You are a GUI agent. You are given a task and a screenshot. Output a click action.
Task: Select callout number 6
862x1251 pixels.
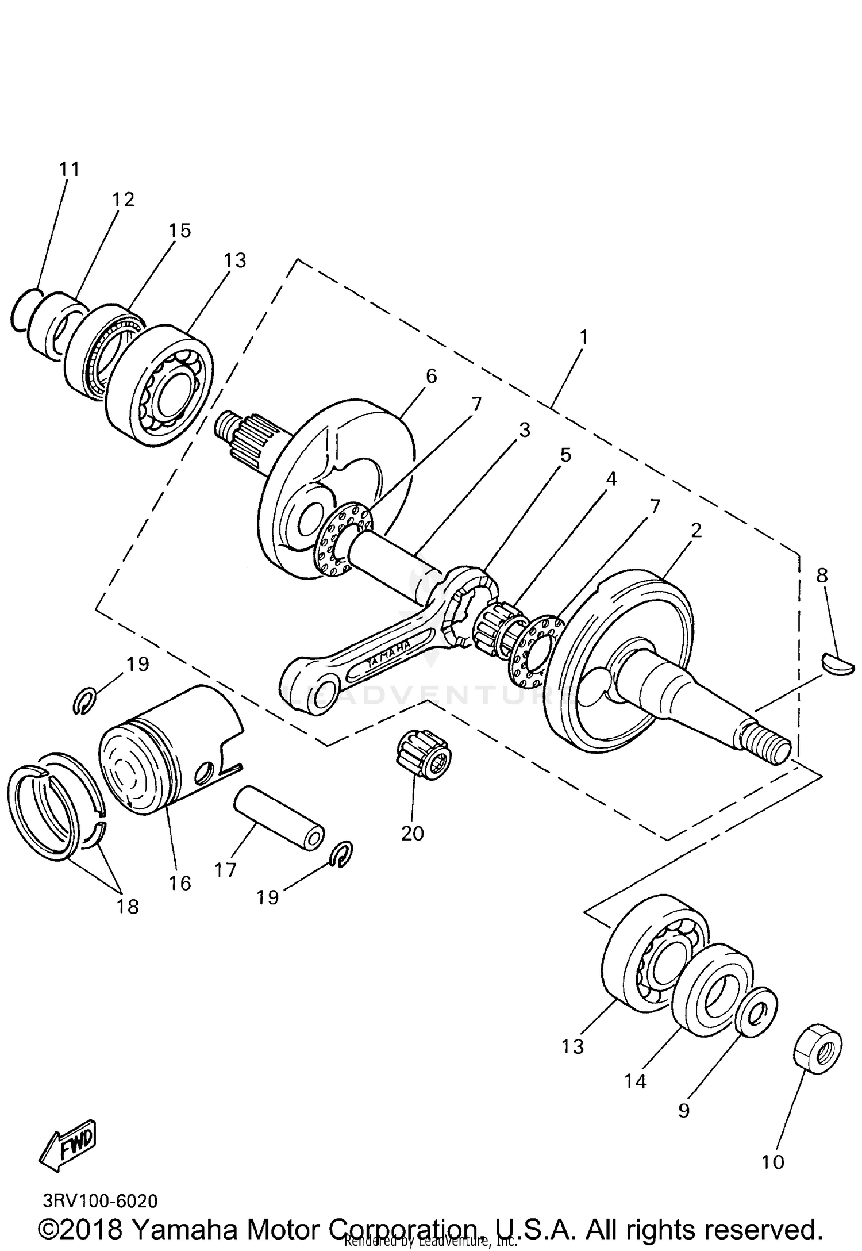[431, 376]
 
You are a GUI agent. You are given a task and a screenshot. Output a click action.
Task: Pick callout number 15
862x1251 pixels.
[180, 231]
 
